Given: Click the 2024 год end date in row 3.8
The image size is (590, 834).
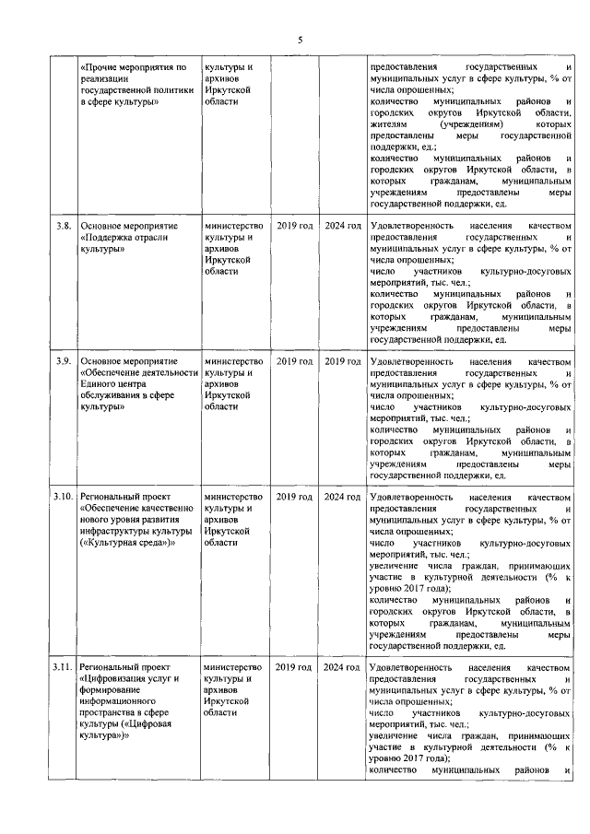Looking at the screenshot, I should (342, 225).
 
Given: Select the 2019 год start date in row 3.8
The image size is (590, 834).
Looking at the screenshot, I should (295, 225).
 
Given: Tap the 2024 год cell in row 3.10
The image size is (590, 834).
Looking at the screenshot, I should (342, 497).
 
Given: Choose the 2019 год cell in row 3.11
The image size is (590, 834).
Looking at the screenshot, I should (295, 665).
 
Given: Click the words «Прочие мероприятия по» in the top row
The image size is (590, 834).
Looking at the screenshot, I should (134, 67).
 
